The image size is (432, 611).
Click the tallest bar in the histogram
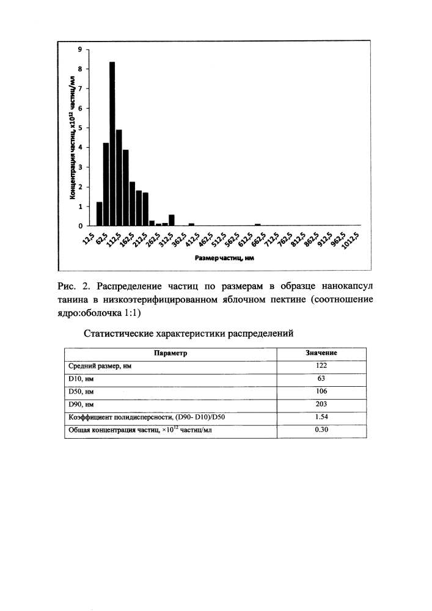coord(112,144)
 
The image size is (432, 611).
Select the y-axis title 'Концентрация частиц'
coord(71,137)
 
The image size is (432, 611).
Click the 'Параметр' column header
coord(170,353)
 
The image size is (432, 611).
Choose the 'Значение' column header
coord(321,353)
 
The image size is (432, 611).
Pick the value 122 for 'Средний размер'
coord(321,366)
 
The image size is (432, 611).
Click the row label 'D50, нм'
coord(81,392)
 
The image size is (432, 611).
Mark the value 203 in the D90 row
coord(321,404)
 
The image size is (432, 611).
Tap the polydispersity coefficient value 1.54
coord(321,417)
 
